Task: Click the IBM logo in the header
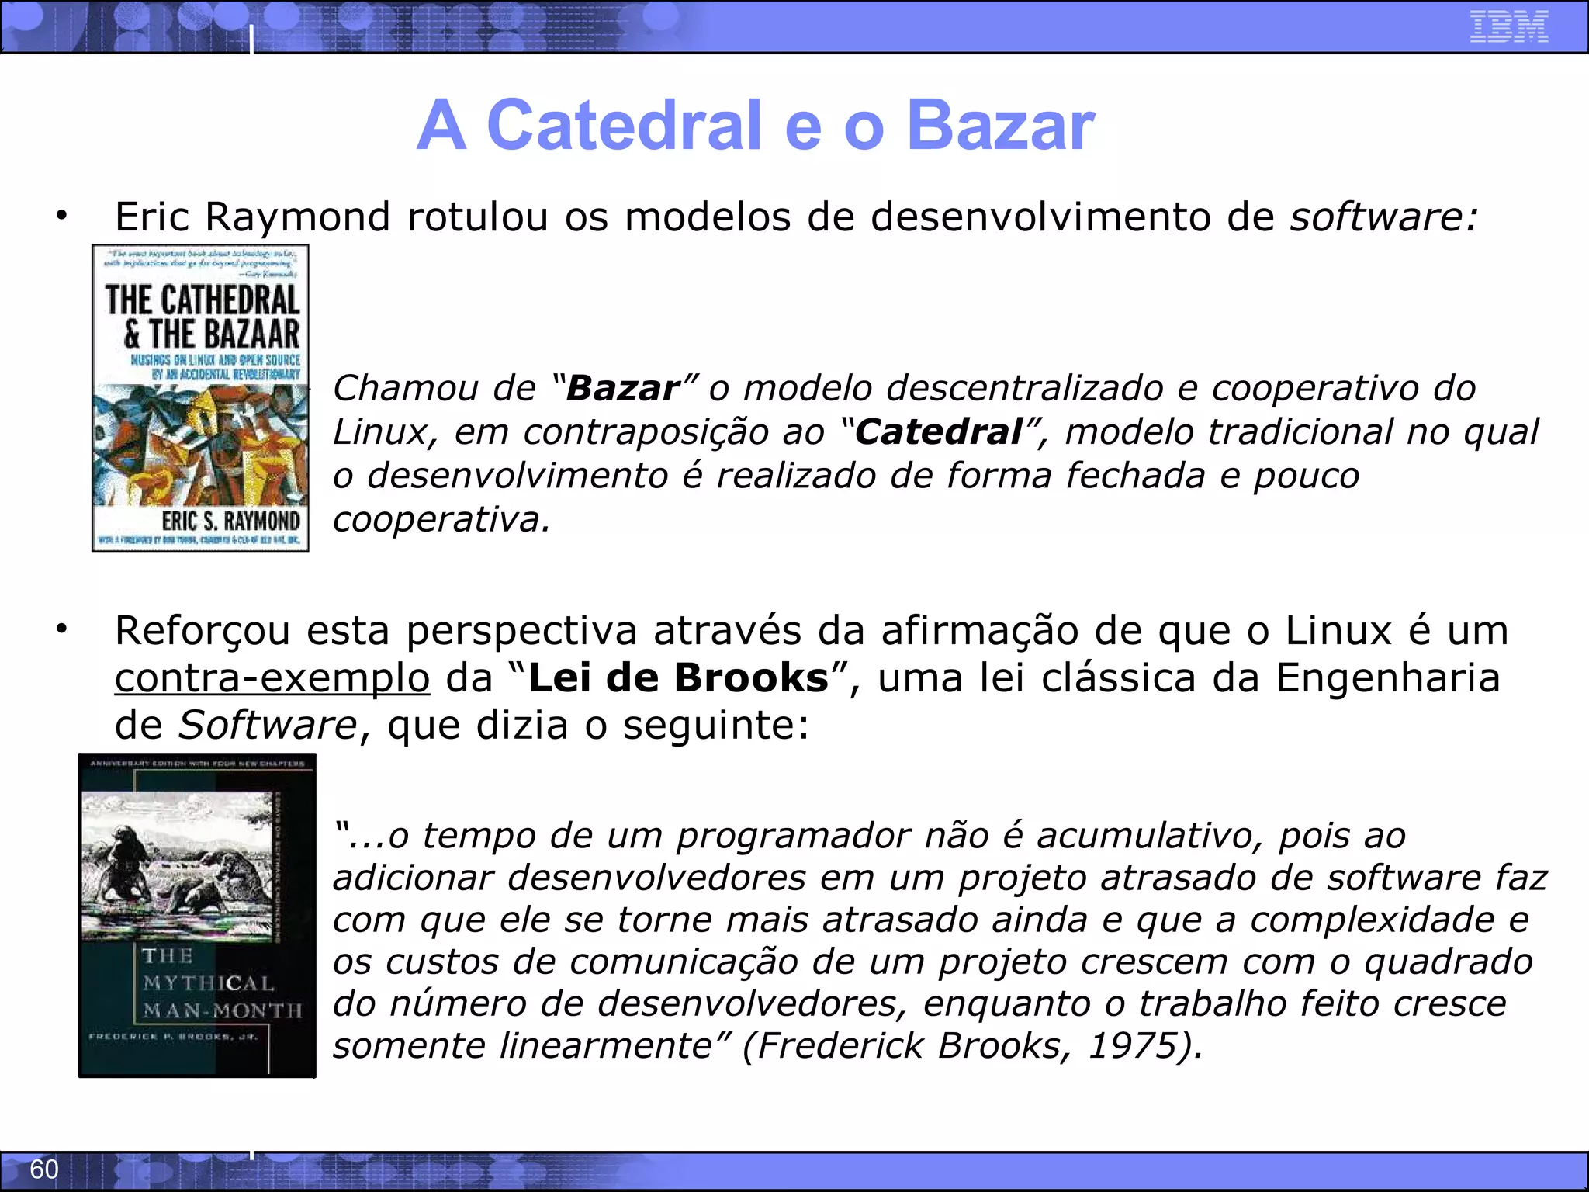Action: point(1508,26)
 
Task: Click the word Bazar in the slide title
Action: point(1000,126)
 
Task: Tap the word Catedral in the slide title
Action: point(624,126)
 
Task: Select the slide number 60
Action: point(44,1169)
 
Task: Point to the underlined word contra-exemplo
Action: point(272,677)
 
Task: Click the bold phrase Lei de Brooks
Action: point(678,677)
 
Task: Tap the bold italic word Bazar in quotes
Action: point(623,388)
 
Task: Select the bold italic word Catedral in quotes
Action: point(938,432)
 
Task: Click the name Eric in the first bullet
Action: point(152,217)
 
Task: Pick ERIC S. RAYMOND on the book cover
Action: point(230,520)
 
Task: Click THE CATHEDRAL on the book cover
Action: point(202,300)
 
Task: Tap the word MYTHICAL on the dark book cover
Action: point(208,983)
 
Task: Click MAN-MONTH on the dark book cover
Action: point(222,1010)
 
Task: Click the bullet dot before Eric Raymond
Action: point(61,216)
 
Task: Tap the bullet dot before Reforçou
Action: point(61,629)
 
